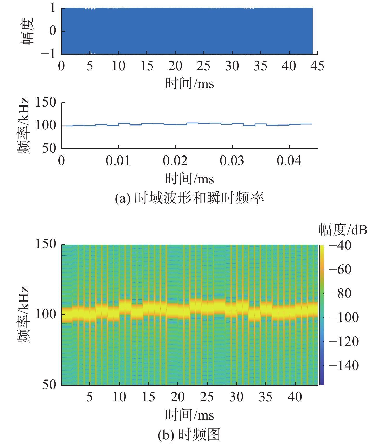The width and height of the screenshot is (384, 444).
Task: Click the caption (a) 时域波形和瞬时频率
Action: click(189, 198)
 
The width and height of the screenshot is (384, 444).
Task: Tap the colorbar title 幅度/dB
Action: click(343, 230)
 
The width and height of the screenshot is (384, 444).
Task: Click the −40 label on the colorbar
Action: click(340, 246)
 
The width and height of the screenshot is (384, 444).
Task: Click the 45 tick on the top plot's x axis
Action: click(317, 66)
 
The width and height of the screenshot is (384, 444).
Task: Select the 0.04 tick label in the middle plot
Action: click(289, 161)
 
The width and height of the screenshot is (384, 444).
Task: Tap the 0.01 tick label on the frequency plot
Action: click(118, 161)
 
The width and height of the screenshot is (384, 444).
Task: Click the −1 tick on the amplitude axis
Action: click(49, 54)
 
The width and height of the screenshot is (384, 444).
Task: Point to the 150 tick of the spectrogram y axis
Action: click(46, 244)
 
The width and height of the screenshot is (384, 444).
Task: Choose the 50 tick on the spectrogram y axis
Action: click(49, 385)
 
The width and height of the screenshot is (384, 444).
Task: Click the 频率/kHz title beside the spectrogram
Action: click(23, 315)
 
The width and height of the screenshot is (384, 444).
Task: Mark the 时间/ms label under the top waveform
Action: click(189, 84)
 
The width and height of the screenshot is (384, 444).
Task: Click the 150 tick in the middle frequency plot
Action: click(46, 102)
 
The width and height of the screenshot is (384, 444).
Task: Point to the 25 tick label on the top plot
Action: click(203, 66)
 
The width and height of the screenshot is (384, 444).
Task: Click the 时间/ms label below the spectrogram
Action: click(189, 415)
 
